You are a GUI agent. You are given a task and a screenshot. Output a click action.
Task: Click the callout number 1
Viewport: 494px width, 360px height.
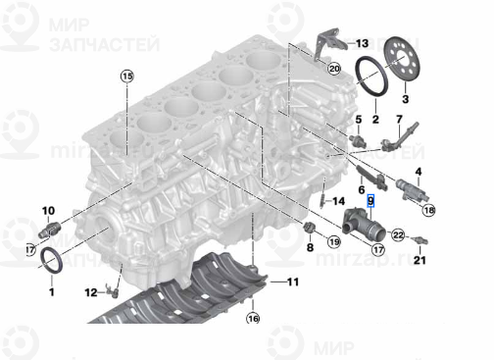pyautogui.click(x=51, y=291)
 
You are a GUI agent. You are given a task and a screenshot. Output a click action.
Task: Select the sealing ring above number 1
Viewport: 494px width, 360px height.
pyautogui.click(x=53, y=263)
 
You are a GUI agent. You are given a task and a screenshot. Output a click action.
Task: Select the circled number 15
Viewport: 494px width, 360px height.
pyautogui.click(x=126, y=76)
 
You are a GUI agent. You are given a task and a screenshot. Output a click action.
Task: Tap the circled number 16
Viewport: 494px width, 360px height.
pyautogui.click(x=252, y=319)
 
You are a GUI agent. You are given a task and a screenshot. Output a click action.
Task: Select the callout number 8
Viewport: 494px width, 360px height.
pyautogui.click(x=309, y=249)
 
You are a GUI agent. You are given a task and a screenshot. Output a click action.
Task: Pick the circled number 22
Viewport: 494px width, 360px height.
pyautogui.click(x=398, y=233)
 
